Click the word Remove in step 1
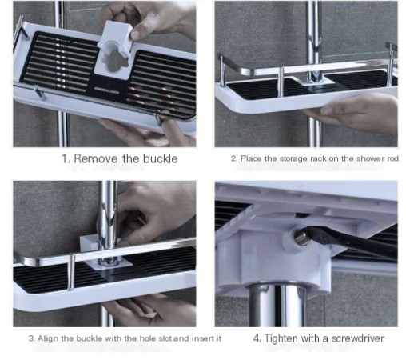[97, 158]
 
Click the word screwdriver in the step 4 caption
[355, 338]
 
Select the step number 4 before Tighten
[257, 338]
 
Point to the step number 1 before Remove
[66, 158]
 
